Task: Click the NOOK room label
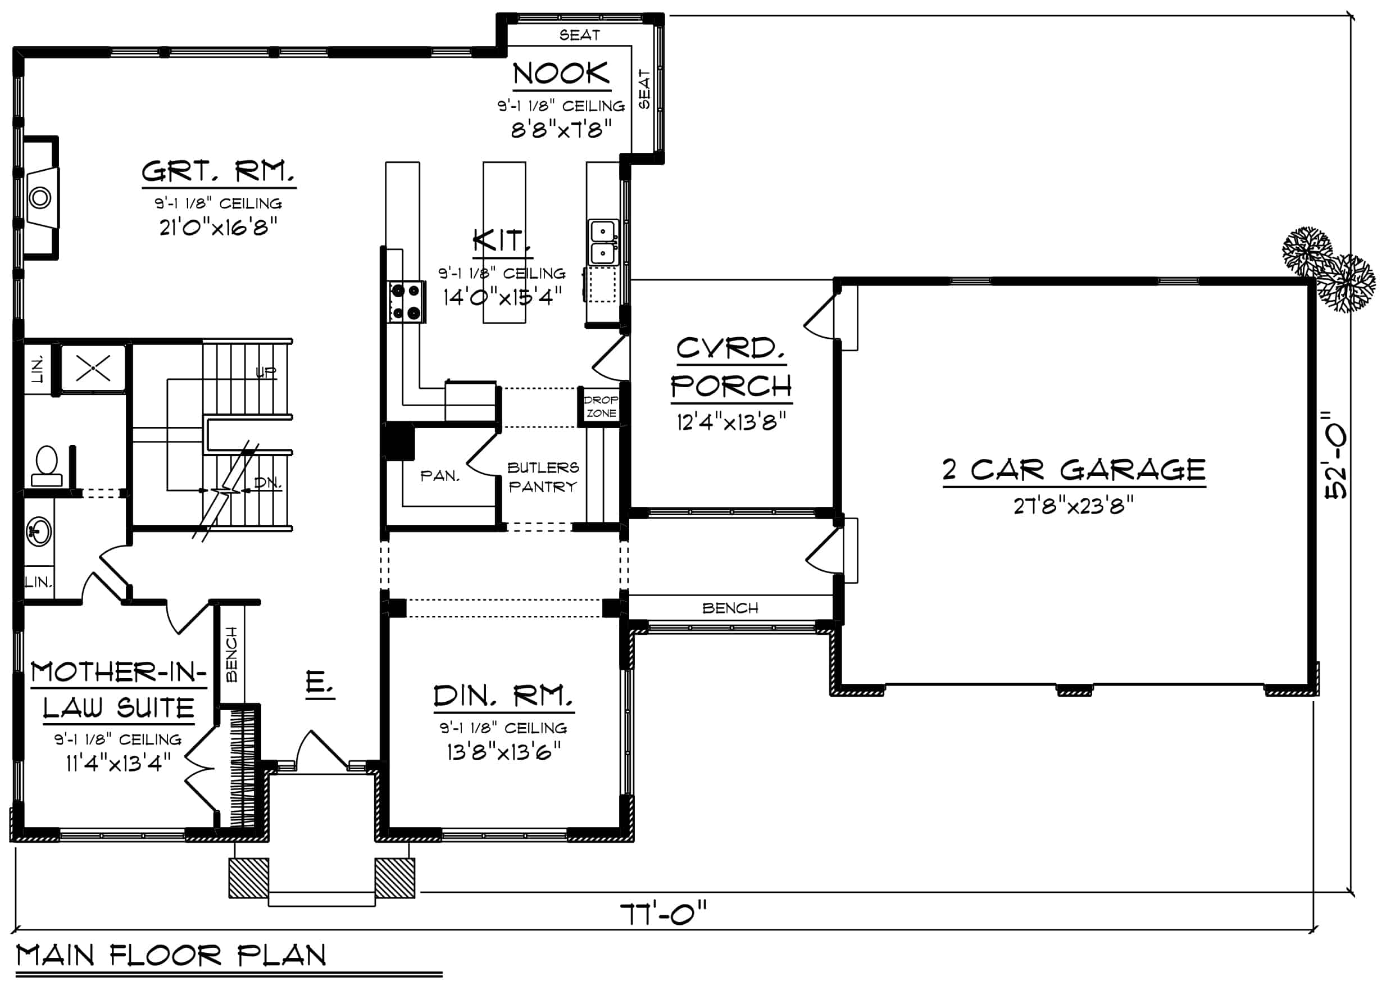coord(561,73)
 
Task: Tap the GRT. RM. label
coord(218,171)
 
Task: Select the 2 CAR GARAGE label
coord(1074,470)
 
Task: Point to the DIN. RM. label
coord(503,696)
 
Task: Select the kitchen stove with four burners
coord(407,302)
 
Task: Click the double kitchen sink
coord(603,243)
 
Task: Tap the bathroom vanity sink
coord(39,532)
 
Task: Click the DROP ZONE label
coord(601,407)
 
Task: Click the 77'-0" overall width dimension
coord(663,914)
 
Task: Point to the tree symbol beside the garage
coord(1329,268)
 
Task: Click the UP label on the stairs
coord(266,373)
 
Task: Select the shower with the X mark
coord(93,367)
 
